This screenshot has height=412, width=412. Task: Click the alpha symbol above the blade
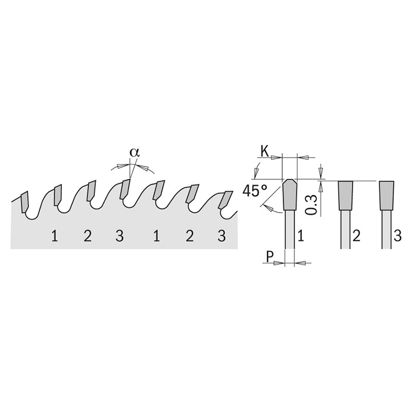134,152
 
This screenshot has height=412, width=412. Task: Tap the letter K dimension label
265,151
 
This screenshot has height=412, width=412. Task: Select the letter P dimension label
269,257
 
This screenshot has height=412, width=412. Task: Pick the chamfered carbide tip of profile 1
290,195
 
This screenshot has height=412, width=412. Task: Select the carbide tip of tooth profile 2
345,196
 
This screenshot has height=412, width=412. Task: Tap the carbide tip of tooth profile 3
386,196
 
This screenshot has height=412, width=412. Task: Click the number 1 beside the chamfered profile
301,236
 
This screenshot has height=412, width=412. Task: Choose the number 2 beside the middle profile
356,236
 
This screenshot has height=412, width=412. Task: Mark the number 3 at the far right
398,236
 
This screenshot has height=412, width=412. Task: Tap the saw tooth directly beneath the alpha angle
125,189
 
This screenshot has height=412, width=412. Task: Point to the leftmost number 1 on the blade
55,236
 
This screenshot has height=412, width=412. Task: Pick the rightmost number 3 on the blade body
222,236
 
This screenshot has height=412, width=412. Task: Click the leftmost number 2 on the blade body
88,236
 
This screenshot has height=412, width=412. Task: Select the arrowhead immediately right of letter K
276,158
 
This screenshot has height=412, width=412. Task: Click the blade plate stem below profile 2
345,229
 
